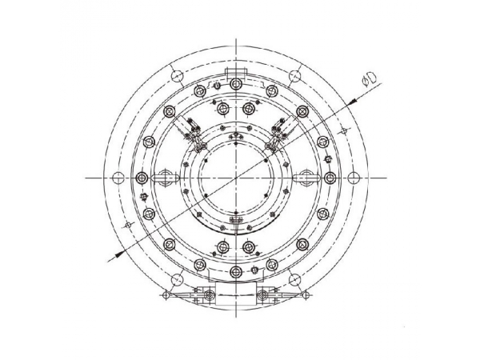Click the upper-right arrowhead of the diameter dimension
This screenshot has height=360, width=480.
tap(354, 99)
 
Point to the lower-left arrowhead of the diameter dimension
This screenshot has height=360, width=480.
tap(114, 254)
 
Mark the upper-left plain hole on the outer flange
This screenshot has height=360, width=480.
tap(176, 76)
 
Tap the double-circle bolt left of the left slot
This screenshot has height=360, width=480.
tap(142, 177)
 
